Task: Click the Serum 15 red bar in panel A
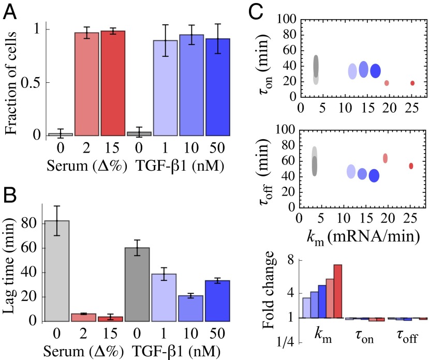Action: pos(113,83)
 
